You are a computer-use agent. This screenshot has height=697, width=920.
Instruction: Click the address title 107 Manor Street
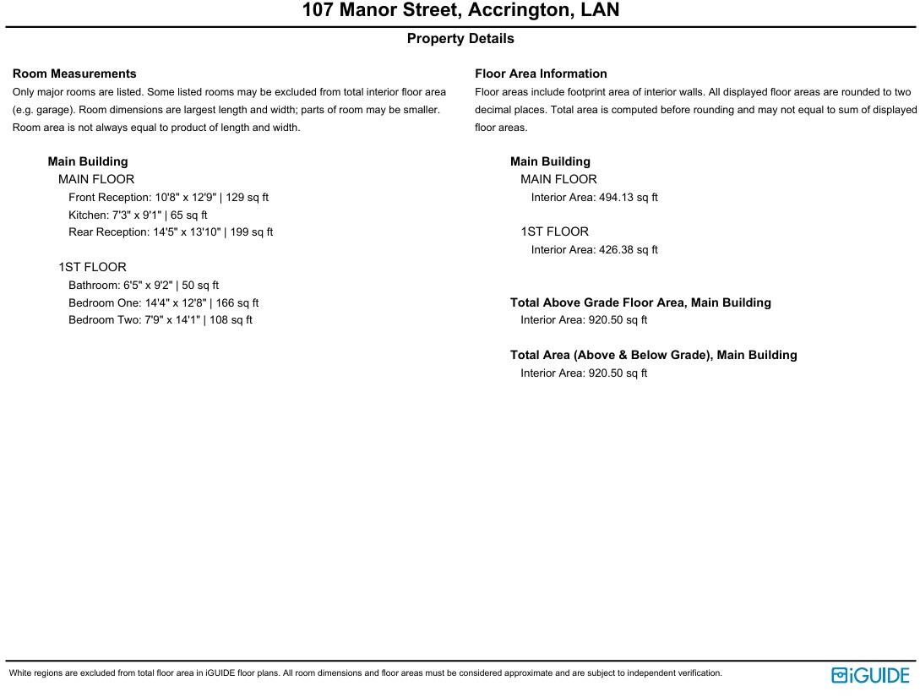click(460, 11)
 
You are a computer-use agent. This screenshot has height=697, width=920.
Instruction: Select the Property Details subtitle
click(460, 39)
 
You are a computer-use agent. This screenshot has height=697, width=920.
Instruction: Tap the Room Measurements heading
click(74, 74)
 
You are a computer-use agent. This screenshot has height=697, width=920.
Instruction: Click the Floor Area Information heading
click(541, 74)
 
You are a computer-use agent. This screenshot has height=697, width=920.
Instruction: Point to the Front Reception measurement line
click(168, 198)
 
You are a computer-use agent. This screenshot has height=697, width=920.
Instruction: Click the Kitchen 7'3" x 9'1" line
click(138, 215)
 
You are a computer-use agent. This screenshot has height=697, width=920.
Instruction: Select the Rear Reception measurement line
click(171, 232)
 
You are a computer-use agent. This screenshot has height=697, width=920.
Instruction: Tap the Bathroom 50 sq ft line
click(144, 286)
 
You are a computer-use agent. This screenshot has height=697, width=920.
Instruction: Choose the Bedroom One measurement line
click(164, 303)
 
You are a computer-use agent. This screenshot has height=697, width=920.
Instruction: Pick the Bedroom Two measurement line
click(161, 320)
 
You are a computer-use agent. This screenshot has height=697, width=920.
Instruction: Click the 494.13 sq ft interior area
click(595, 198)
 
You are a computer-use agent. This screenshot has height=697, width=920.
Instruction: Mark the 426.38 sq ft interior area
click(595, 250)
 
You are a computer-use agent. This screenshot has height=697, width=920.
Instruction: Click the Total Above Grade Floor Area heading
click(640, 302)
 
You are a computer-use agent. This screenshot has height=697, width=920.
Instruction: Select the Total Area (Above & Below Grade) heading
click(653, 356)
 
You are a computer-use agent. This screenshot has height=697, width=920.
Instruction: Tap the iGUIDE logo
click(870, 675)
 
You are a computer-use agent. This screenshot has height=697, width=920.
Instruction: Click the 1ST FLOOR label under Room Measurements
click(92, 268)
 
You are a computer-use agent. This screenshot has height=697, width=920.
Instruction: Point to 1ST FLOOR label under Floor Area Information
click(554, 232)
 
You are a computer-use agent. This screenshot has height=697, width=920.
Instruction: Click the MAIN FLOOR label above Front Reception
click(96, 180)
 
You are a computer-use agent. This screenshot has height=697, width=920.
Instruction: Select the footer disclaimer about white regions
click(365, 674)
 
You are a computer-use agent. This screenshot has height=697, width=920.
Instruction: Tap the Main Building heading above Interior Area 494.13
click(550, 162)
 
